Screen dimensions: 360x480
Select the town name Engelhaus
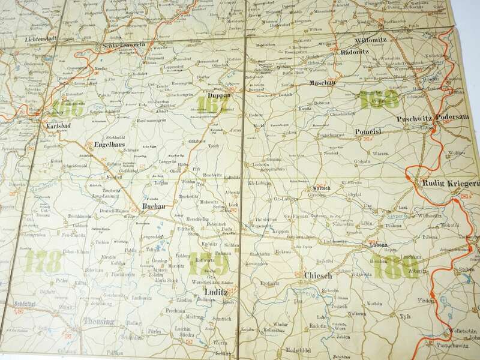click(x=110, y=145)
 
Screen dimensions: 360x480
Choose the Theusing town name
click(x=98, y=322)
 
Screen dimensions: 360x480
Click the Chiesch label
click(x=315, y=276)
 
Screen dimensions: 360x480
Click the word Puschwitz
click(x=415, y=117)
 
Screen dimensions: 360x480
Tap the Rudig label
click(x=424, y=184)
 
